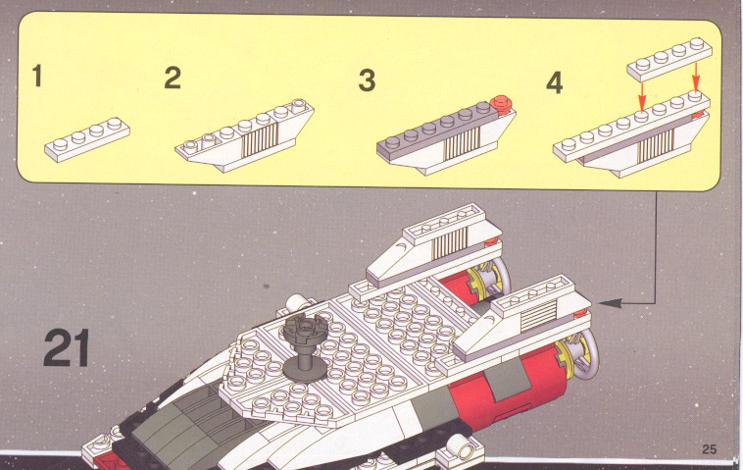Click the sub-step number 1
pos(37,76)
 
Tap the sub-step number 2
pos(173,78)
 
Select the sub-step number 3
pos(367,80)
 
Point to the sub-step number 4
pos(555,82)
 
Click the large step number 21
pos(67,347)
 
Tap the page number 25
pos(710,449)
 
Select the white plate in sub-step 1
pos(87,140)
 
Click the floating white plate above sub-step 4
pos(669,59)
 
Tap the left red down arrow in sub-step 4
pos(642,97)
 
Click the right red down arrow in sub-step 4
pos(696,77)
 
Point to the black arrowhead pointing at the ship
pos(611,303)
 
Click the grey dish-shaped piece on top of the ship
pos(306,329)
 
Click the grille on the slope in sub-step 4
pos(656,146)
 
